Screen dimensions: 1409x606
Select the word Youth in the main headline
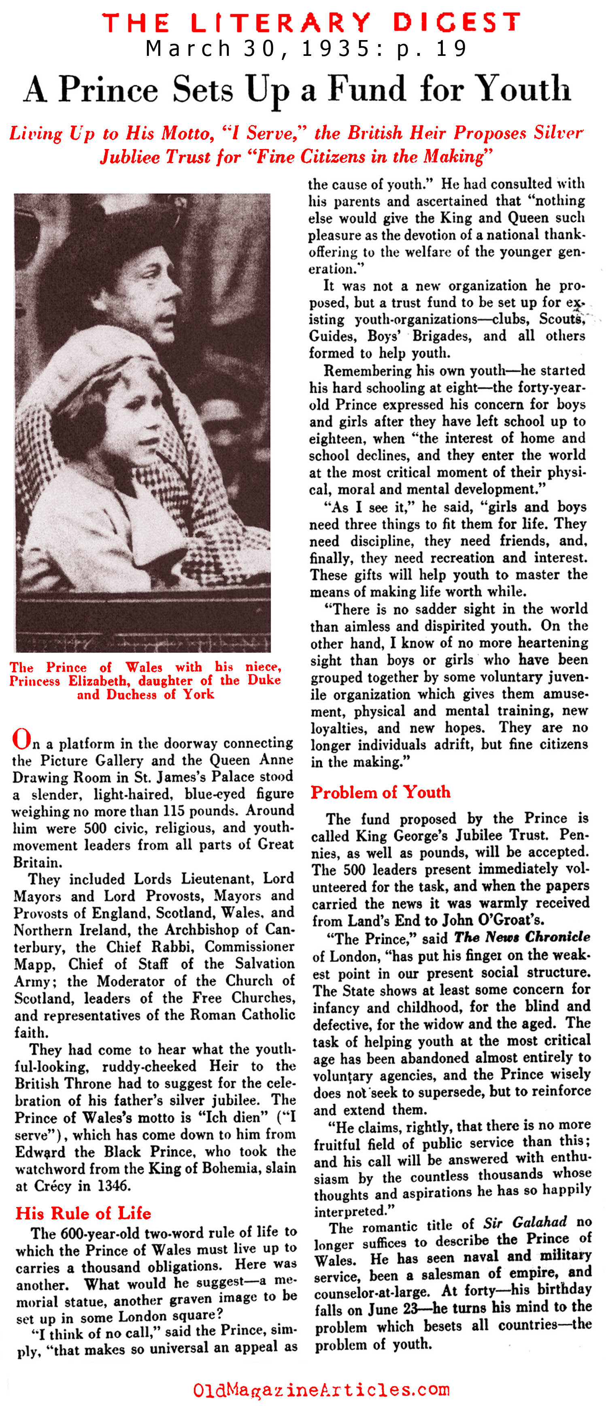tap(522, 89)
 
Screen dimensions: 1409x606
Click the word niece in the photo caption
tap(263, 667)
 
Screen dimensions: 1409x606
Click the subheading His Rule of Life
tap(83, 1213)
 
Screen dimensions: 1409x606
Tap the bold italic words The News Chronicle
tap(522, 937)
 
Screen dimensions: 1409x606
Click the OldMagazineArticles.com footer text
tap(321, 1390)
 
